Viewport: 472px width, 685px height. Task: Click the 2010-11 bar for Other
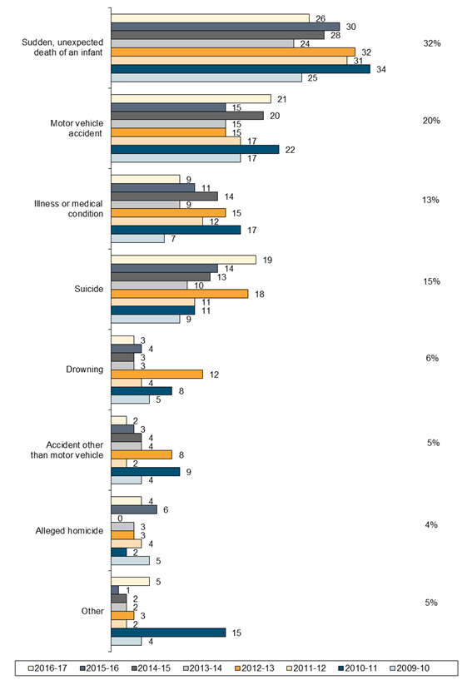168,633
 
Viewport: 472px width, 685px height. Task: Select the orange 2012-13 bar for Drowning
157,375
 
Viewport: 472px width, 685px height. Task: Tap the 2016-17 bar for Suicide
183,260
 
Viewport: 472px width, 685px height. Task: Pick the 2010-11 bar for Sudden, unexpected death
241,69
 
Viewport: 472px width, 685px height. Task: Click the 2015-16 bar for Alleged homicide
134,510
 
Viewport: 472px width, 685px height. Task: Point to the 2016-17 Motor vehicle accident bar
191,99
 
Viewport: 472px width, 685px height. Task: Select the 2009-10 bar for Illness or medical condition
137,239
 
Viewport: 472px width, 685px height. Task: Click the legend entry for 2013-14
203,668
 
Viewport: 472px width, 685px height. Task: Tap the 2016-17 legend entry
47,668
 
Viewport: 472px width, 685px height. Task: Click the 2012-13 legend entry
255,668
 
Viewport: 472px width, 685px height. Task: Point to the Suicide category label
89,289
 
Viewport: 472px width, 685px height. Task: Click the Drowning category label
85,370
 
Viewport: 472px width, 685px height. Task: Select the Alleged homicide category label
69,531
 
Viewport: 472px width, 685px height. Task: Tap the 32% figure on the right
432,43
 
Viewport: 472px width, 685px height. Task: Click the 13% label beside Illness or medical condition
431,200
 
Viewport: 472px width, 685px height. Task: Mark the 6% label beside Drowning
432,358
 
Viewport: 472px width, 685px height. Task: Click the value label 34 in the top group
381,69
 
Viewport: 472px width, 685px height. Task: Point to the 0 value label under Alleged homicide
120,519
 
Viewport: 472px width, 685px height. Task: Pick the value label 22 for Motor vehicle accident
290,150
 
